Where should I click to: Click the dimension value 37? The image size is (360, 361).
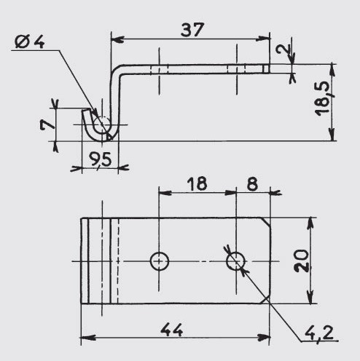pos(192,30)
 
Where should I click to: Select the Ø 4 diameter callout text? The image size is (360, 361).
pos(30,41)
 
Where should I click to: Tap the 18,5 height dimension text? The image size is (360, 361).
pos(323,98)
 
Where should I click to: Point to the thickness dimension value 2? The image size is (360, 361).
pos(283,49)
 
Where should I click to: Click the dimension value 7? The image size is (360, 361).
pos(48,124)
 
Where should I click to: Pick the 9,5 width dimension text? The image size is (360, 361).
pos(100,160)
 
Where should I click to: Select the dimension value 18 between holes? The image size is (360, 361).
pos(197,183)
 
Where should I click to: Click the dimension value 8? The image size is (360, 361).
pos(252,183)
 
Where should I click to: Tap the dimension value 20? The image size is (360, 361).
pos(301,261)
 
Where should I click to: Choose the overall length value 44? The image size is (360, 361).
pos(171,330)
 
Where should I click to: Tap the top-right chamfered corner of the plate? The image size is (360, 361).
pos(266,222)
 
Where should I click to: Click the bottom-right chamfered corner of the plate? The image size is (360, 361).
pos(266,299)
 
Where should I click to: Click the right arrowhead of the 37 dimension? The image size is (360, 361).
pos(263,39)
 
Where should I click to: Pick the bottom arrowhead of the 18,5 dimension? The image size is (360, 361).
pos(332,134)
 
